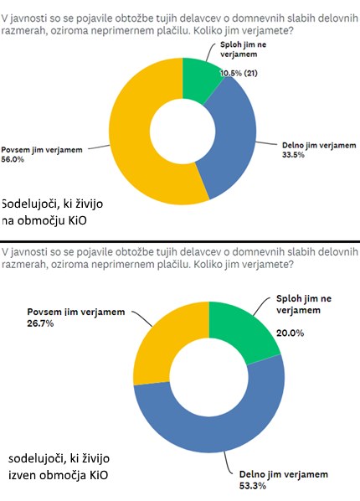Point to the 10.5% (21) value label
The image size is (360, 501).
point(239,73)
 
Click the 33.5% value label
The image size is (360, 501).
point(293,155)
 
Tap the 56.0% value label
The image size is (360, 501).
point(13,159)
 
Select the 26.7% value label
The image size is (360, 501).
point(40,323)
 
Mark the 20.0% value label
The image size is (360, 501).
point(290,333)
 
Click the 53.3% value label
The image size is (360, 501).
point(253,486)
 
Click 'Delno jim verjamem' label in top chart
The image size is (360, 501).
point(319,146)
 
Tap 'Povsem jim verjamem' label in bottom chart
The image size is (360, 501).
point(76,312)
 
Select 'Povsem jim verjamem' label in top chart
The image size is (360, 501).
point(42,150)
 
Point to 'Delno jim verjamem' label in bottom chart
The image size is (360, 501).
point(284,474)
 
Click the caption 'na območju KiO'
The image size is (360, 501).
point(44,221)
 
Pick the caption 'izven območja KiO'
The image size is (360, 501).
point(58,475)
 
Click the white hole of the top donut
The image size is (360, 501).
point(183,132)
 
